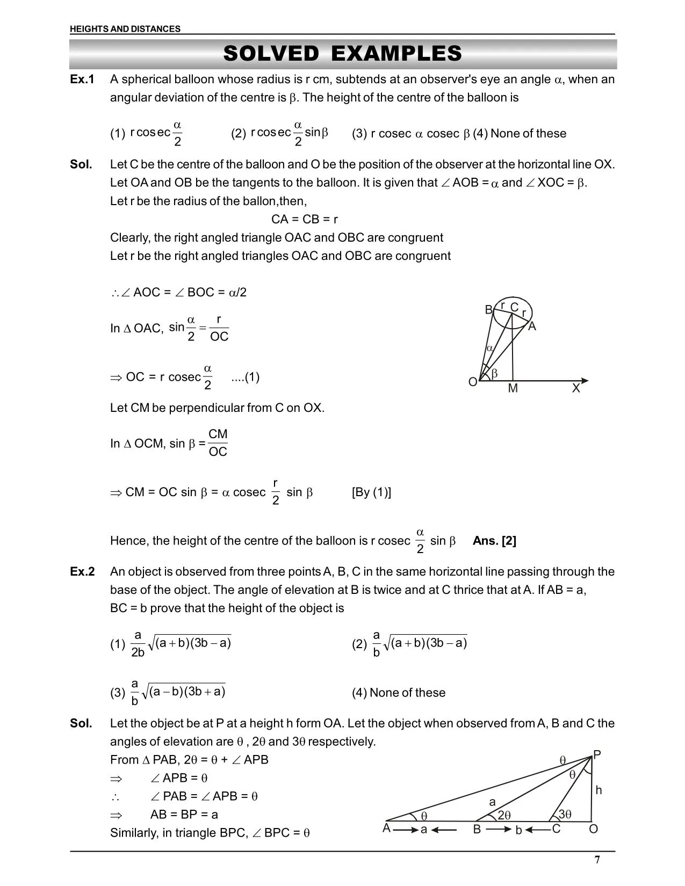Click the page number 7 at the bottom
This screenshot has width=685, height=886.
coord(597,860)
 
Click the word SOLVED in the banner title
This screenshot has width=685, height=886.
coord(271,54)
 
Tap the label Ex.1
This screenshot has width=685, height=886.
coord(82,79)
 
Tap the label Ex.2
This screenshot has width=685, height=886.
coord(82,571)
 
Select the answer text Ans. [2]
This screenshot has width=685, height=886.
coord(494,541)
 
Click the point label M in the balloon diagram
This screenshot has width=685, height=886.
coord(513,388)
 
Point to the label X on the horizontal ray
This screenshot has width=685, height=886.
coord(576,388)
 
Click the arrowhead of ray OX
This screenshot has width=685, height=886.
coord(585,381)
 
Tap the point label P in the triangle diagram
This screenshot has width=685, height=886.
coord(597,754)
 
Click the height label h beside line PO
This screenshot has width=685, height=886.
coord(599,790)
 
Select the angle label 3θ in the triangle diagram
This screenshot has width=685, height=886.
coord(565,814)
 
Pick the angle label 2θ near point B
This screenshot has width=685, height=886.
coord(504,815)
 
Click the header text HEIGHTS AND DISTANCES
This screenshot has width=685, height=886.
coord(125,29)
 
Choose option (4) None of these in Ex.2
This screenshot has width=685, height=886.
coord(399,693)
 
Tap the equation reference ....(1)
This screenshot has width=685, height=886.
coord(245,377)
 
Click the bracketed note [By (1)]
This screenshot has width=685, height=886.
coord(371,492)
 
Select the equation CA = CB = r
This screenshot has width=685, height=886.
coord(305,219)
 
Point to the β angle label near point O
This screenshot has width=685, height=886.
coord(494,373)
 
